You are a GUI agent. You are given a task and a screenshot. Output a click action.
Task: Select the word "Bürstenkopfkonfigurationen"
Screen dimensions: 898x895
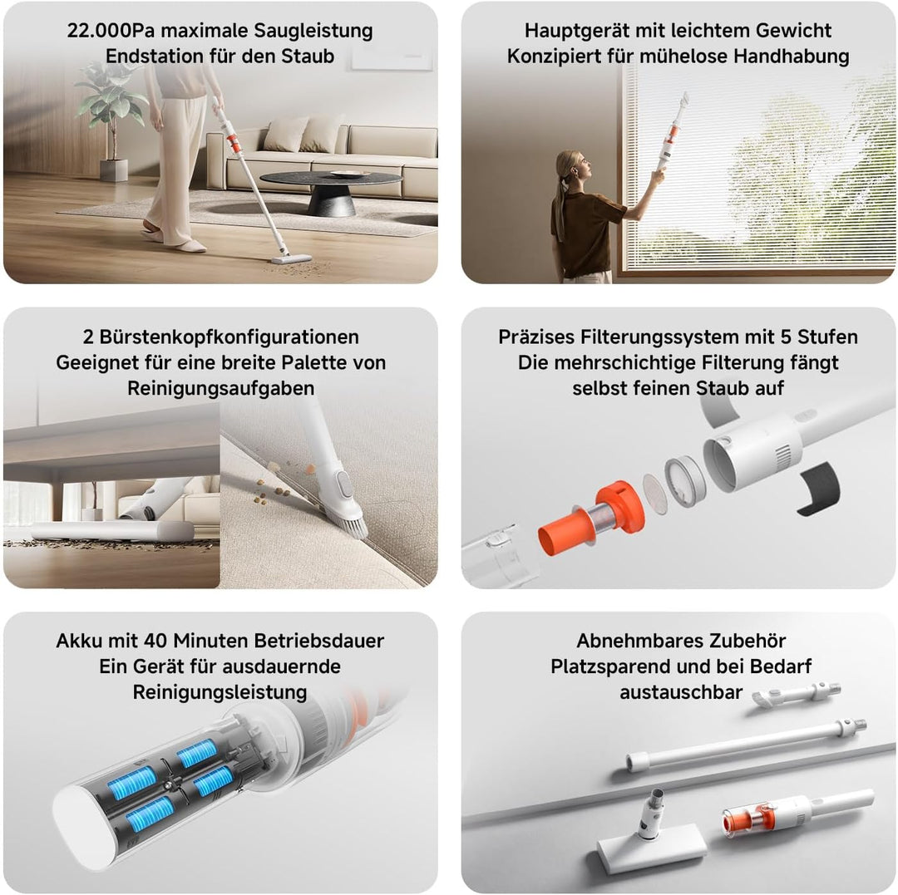[229, 337]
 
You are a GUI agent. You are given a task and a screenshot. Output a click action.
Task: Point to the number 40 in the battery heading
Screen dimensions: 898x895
[156, 641]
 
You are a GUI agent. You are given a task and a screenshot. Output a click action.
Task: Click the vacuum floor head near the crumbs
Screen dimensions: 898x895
[290, 259]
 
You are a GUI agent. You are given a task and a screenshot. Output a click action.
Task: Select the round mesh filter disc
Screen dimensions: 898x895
[654, 494]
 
